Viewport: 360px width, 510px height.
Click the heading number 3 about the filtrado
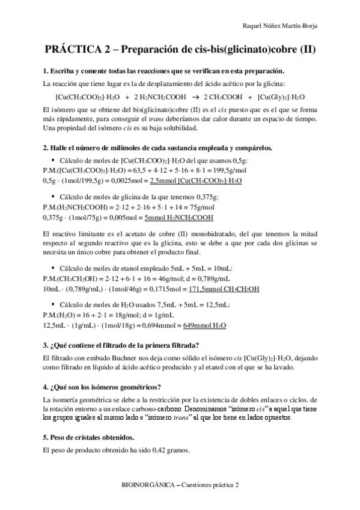(x=46, y=345)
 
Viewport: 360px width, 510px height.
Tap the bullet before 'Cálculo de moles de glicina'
(x=53, y=195)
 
